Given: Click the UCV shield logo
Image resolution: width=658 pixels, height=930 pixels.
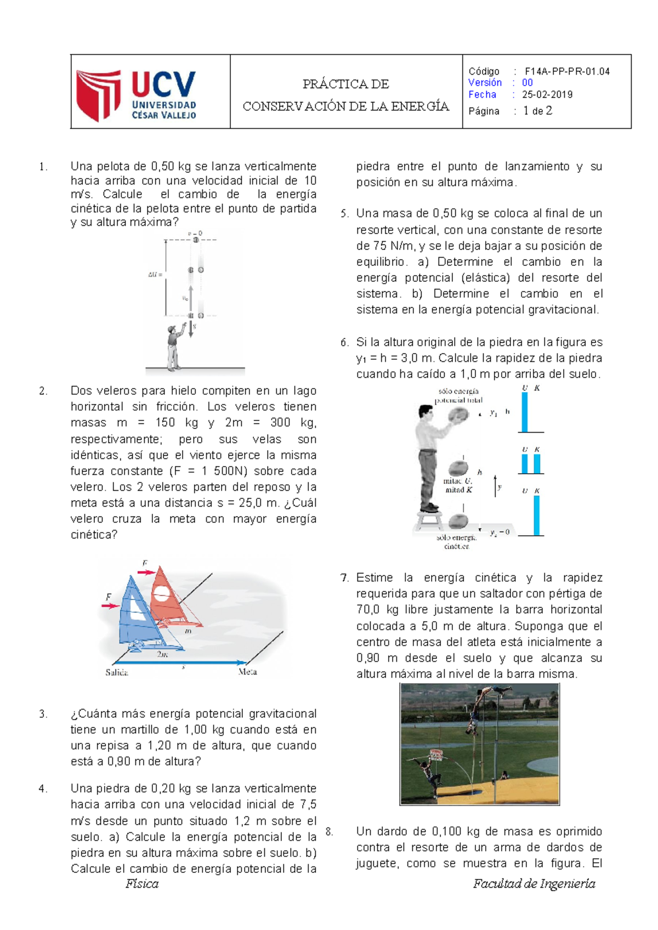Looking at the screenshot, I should (x=99, y=94).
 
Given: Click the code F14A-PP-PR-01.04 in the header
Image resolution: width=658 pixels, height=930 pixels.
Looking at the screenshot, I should (x=567, y=71).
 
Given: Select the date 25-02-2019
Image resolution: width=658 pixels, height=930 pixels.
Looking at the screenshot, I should (x=547, y=94).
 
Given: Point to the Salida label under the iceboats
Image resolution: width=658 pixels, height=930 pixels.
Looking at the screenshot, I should (x=117, y=672).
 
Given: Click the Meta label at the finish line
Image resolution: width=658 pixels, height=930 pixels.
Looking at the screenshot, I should (x=248, y=672).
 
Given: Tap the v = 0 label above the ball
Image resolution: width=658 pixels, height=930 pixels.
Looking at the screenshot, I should (x=195, y=234).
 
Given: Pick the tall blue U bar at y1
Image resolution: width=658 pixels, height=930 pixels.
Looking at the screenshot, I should (x=525, y=412).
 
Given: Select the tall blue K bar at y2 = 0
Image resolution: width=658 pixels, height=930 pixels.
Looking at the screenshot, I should (x=537, y=515).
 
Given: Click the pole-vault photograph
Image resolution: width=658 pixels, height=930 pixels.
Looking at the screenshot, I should (x=480, y=744).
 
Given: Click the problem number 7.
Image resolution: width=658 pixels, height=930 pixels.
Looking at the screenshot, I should (x=344, y=577).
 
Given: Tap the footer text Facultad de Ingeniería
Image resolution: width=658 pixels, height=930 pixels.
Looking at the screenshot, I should (x=534, y=883).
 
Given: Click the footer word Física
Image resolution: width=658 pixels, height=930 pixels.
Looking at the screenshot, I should (x=142, y=883).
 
